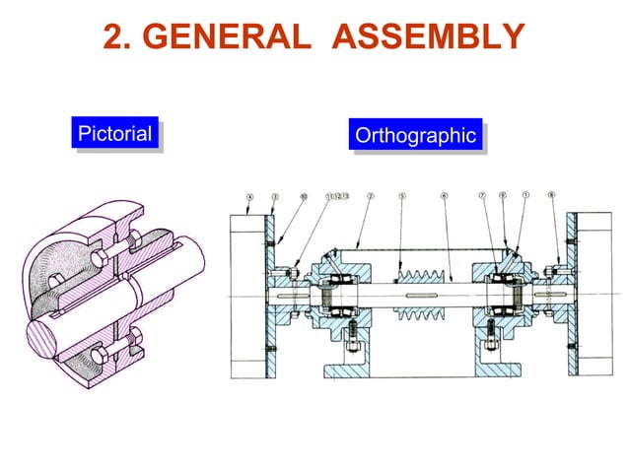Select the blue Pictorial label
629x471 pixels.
pos(115,134)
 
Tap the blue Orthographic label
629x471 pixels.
pos(414,136)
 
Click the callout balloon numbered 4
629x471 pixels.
pos(249,196)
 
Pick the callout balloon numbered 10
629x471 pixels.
pos(303,196)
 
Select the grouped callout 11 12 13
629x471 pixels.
pos(336,196)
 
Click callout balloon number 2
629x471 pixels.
pos(369,196)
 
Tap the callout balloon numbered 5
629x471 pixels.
pos(402,196)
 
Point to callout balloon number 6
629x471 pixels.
pos(444,196)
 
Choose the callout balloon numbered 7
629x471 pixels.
pos(483,196)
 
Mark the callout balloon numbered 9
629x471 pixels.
pos(503,196)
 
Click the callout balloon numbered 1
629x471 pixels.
pos(525,196)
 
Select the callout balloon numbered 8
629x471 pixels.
pos(552,196)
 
